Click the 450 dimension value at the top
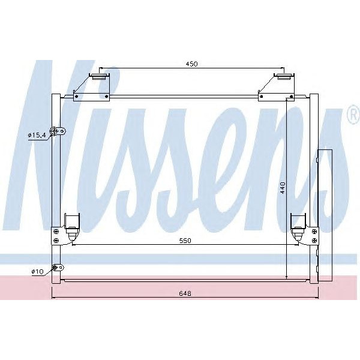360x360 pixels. pos(191,64)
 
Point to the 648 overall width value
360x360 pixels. pos(185,293)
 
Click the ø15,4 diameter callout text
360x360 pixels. pos(37,136)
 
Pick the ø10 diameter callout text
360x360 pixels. pos(37,272)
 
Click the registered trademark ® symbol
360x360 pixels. pos(353,116)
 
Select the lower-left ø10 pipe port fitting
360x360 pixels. pos(57,268)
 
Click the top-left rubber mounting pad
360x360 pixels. pos(98,76)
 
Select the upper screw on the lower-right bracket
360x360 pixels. pos(313,229)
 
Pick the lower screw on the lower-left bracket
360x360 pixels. pos(56,241)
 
